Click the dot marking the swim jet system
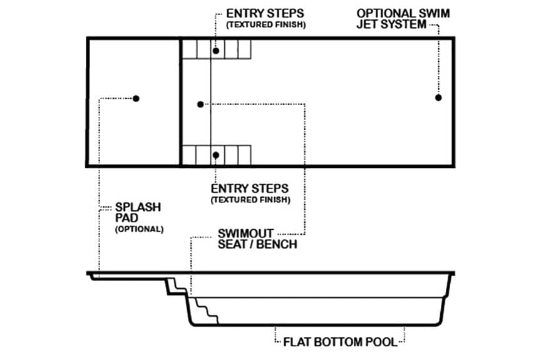(438, 98)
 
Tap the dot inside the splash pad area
(136, 98)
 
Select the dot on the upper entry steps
(215, 50)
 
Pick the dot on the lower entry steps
(215, 155)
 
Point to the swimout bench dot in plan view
(200, 104)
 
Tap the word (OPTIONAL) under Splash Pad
(138, 229)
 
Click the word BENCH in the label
(276, 244)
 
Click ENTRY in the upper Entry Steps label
(241, 13)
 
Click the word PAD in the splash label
(125, 218)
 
